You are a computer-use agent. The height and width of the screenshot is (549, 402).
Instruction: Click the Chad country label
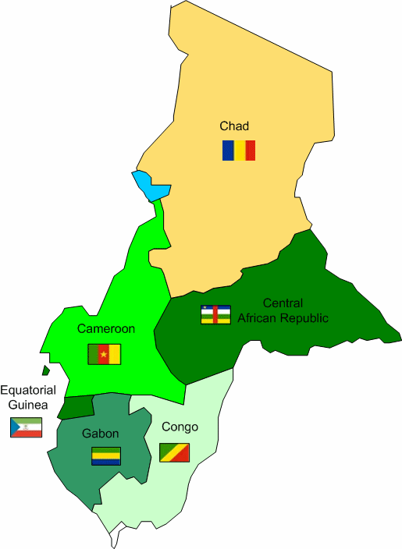point(234,126)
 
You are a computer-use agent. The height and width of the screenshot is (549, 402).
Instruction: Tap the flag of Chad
point(238,150)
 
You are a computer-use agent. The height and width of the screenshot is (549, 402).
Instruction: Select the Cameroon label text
point(105,329)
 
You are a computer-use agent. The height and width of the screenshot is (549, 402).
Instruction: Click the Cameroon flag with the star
point(104,353)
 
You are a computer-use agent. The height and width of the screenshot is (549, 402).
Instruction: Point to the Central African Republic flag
point(215,314)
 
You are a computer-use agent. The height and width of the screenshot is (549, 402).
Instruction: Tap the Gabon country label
point(100,434)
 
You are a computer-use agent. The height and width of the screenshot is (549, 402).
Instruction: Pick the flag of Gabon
point(106,456)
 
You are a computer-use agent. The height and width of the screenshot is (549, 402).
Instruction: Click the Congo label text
point(180,427)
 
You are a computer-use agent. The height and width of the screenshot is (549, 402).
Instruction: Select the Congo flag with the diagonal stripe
point(174,452)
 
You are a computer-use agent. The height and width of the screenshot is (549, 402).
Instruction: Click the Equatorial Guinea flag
point(26,427)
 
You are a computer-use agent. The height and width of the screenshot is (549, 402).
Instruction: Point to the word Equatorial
point(28,390)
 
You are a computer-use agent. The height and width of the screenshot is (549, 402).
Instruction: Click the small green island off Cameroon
point(46,370)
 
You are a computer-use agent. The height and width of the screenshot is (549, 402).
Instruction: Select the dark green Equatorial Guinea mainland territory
point(76,406)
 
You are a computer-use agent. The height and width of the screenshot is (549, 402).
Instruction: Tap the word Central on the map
point(283,303)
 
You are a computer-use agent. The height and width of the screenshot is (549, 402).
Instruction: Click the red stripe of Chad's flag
point(250,150)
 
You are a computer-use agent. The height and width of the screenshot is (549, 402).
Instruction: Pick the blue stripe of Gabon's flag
point(106,462)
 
